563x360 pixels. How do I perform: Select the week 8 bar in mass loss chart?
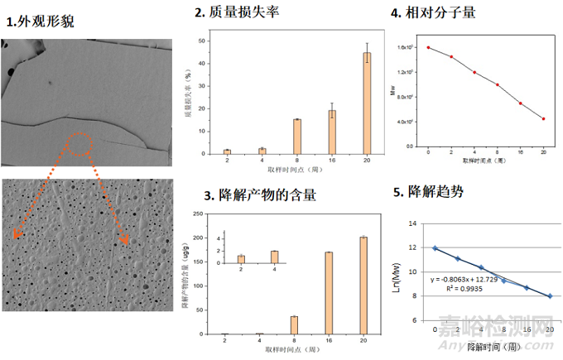coord(296,137)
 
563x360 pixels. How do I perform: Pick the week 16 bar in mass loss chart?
coord(332,132)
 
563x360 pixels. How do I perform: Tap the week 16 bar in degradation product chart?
coord(329,293)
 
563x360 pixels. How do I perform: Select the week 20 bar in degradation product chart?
coord(363,286)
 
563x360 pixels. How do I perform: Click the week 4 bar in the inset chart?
coord(274,257)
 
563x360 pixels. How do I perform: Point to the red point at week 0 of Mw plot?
coord(428,47)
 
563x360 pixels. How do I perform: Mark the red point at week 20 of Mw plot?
coord(543,118)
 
